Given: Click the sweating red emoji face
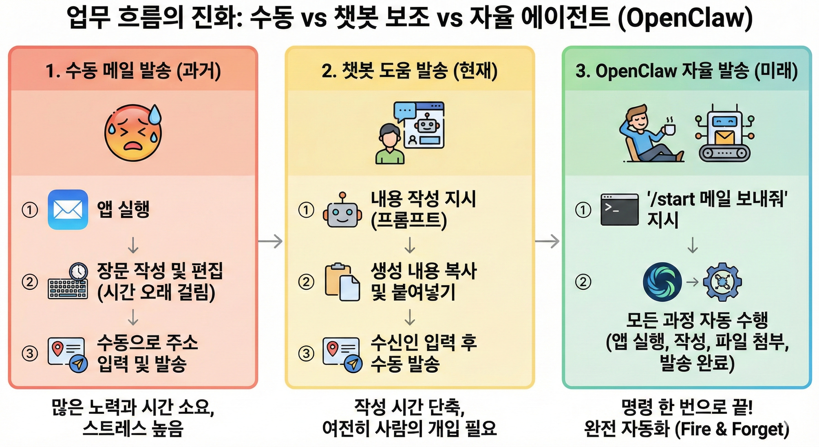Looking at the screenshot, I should pyautogui.click(x=133, y=133).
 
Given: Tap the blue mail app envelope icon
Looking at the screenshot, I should pyautogui.click(x=68, y=210).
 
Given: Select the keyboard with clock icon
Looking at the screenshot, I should pyautogui.click(x=68, y=281).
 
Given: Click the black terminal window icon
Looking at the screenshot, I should pyautogui.click(x=619, y=210).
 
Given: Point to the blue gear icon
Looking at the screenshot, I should pyautogui.click(x=722, y=282).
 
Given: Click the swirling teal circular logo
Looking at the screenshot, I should pyautogui.click(x=662, y=282).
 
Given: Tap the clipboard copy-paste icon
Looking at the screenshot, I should pyautogui.click(x=342, y=282).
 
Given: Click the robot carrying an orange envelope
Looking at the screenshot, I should pyautogui.click(x=724, y=134).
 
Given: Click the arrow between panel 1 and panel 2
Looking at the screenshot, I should pyautogui.click(x=270, y=241).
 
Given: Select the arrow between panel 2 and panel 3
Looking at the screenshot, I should pyautogui.click(x=547, y=241).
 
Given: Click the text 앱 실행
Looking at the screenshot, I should pyautogui.click(x=123, y=209).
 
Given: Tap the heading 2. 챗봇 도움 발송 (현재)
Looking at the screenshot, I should pyautogui.click(x=409, y=71).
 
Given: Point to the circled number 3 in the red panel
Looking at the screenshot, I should pyautogui.click(x=30, y=353).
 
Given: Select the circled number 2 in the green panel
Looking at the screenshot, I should pyautogui.click(x=583, y=282).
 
